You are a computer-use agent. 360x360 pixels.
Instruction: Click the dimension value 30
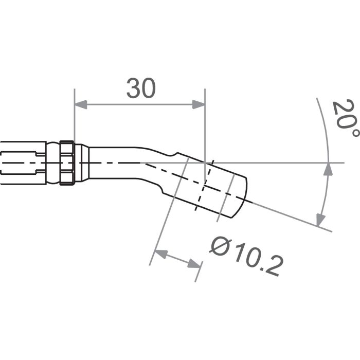[x=140, y=89]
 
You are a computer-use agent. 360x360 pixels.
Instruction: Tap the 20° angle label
[x=344, y=119]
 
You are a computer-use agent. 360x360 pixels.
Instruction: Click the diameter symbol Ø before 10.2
[x=220, y=246]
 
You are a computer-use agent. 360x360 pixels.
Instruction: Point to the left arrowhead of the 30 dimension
[x=80, y=105]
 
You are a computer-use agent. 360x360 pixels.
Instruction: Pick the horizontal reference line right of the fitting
[x=288, y=163]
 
